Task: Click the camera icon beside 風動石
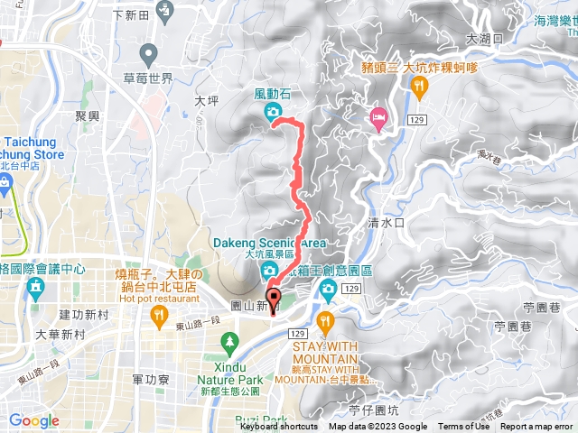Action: pos(272,112)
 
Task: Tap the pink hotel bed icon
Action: pos(378,116)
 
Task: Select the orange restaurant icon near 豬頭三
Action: pos(418,86)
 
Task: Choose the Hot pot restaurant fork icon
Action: pos(159,314)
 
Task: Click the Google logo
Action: pos(33,420)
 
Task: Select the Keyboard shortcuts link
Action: pos(278,427)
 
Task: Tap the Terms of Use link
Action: pos(463,427)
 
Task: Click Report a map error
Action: pos(537,427)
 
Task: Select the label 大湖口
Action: pos(484,40)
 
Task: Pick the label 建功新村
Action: pos(84,314)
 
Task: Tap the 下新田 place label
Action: pos(131,14)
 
